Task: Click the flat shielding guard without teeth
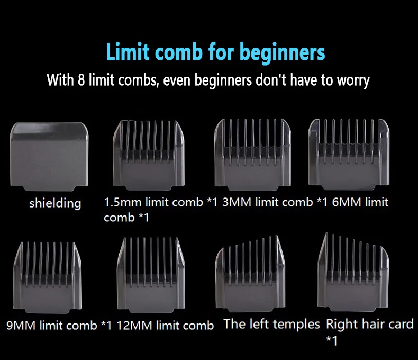49,157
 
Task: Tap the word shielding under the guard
55,203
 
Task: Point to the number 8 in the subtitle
81,80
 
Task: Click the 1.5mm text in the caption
122,202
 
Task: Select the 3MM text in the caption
237,202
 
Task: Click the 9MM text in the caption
21,326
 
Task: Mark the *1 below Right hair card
332,340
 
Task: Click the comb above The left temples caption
250,274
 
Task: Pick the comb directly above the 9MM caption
47,277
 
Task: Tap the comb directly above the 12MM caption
151,275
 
